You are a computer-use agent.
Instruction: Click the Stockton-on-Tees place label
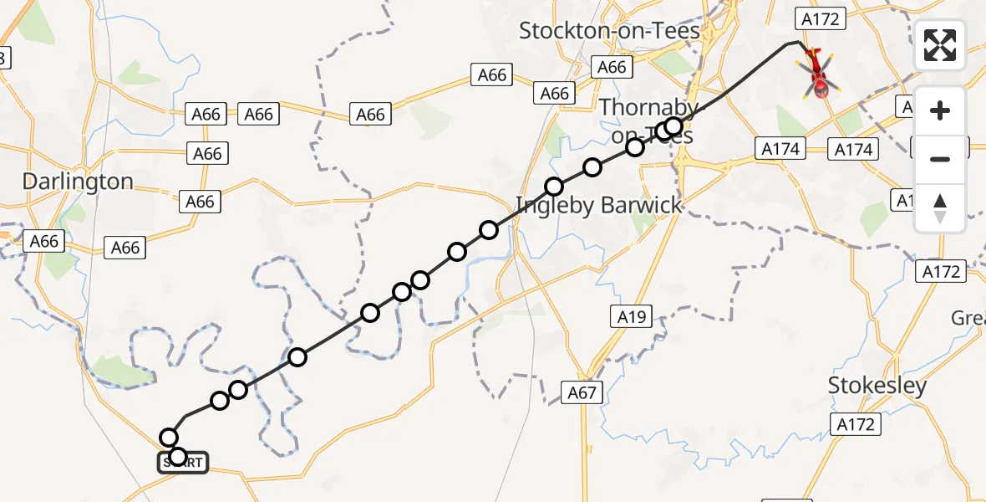point(609,31)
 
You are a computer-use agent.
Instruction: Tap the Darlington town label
point(78,182)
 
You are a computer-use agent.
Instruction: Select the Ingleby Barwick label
point(599,206)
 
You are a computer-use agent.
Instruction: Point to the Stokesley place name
point(877,386)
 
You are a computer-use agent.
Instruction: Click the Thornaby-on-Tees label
point(648,120)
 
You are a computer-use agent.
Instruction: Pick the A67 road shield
point(582,392)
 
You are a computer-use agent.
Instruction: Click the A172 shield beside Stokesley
point(856,424)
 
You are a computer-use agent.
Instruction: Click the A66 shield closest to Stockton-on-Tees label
point(612,67)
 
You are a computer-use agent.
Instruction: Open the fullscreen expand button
point(940,45)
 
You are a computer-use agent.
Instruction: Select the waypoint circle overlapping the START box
point(177,457)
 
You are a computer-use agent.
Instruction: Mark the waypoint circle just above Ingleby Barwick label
point(554,187)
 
